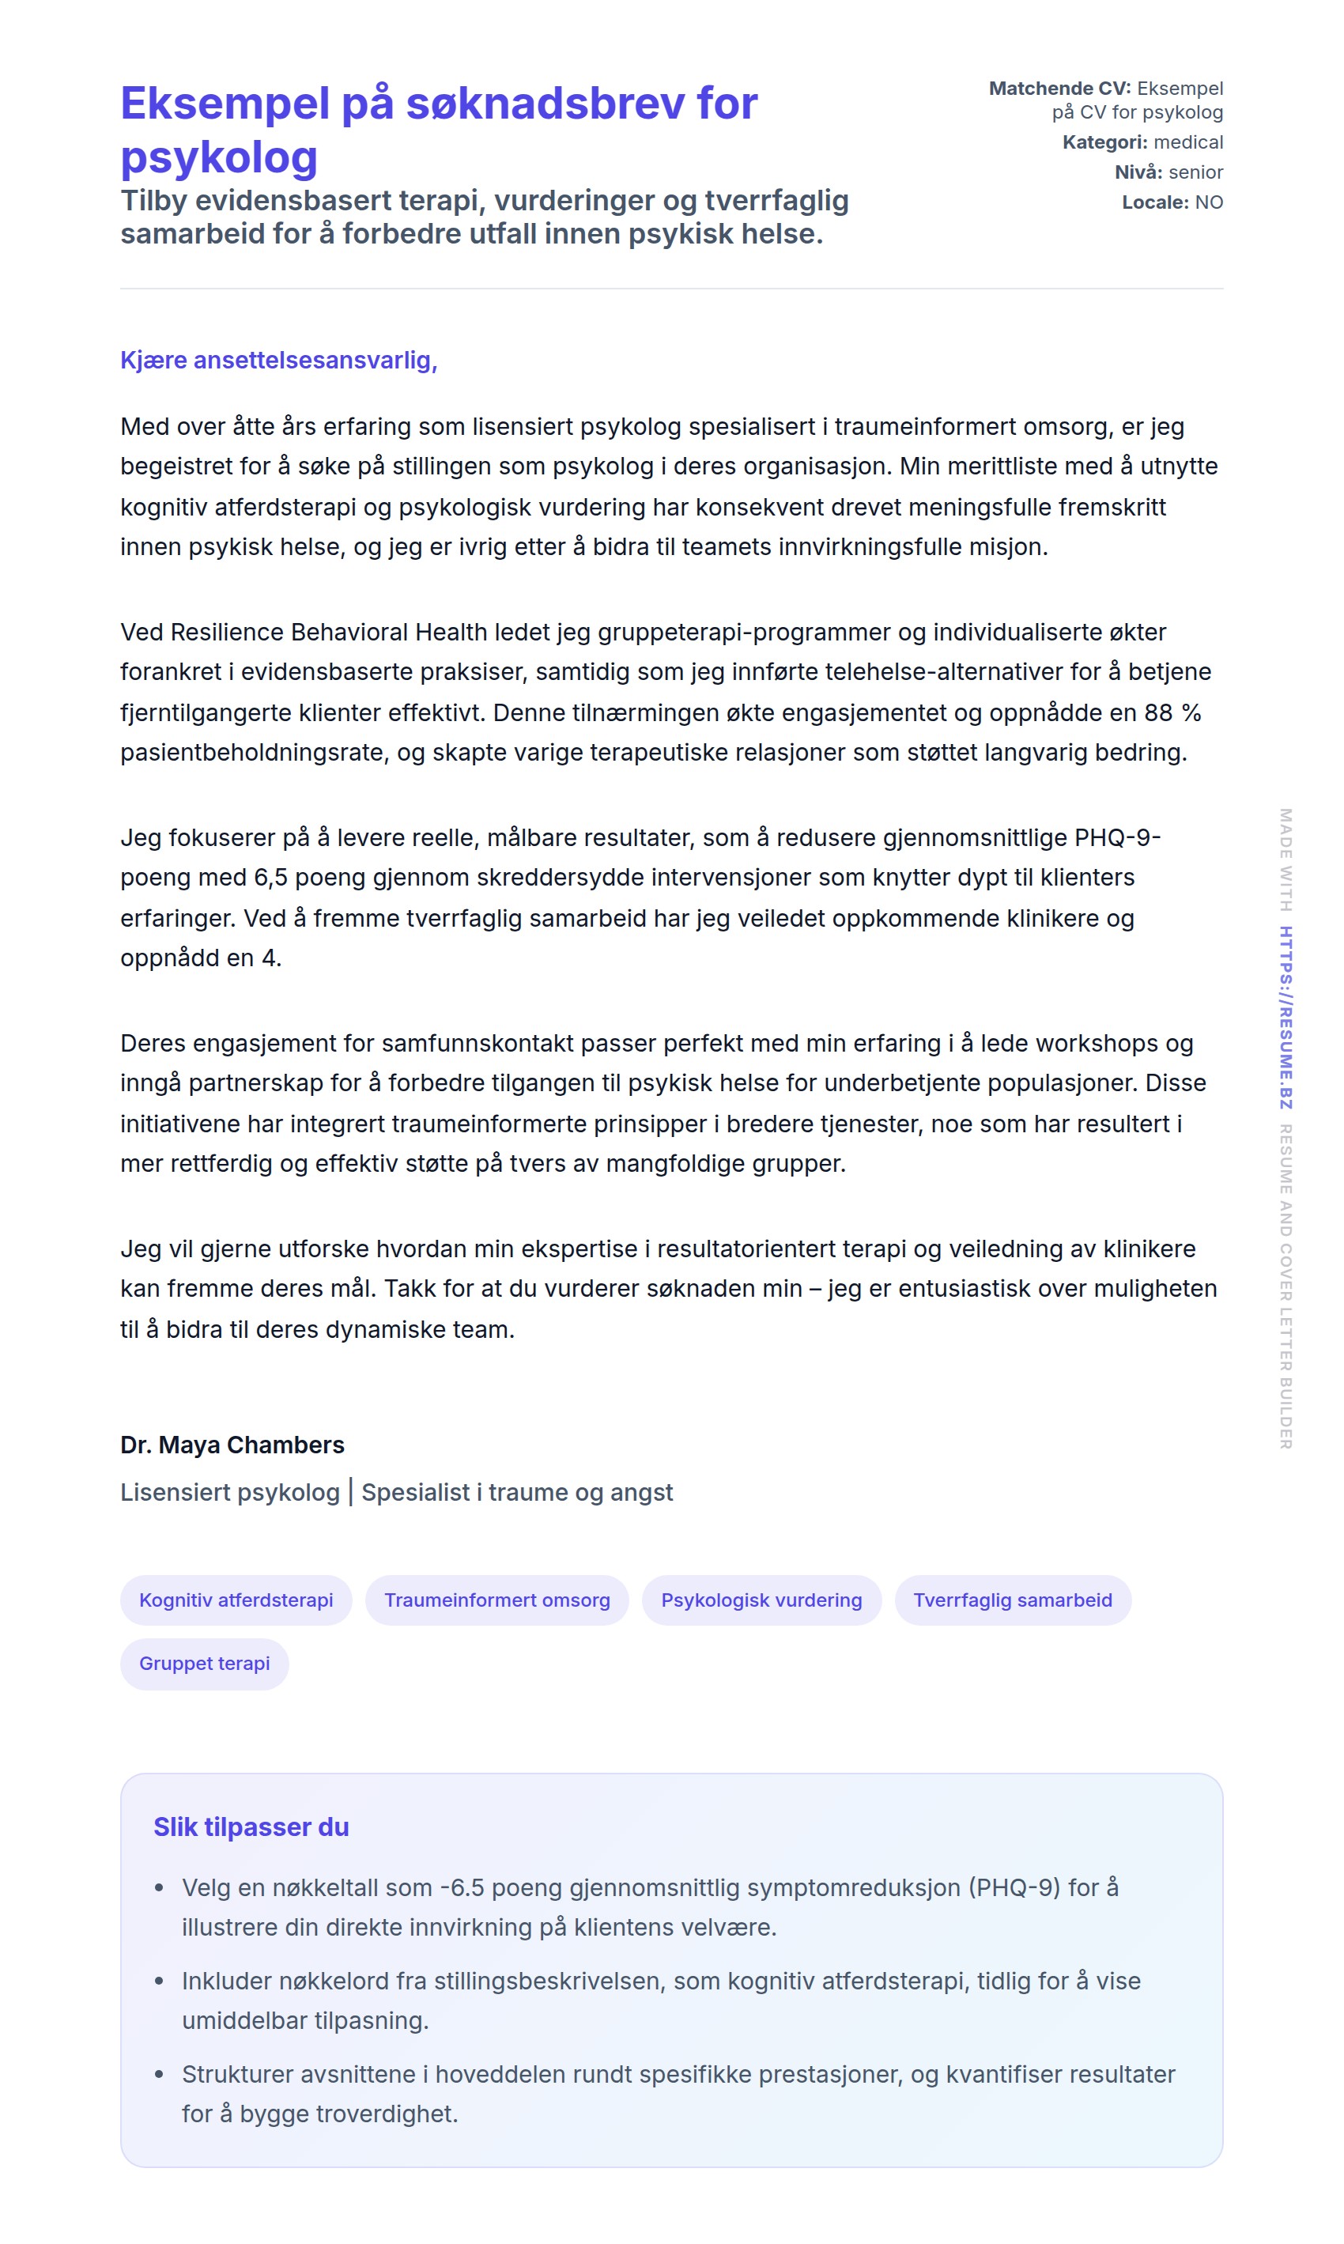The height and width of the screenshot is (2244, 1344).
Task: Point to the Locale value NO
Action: click(1209, 202)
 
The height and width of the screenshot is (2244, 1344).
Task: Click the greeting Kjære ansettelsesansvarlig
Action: click(279, 361)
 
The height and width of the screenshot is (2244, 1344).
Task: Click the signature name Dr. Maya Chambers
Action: click(232, 1445)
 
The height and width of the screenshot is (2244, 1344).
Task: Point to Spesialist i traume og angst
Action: click(517, 1492)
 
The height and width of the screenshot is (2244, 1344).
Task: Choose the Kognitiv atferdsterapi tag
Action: click(236, 1600)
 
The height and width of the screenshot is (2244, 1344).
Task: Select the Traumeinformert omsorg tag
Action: click(497, 1600)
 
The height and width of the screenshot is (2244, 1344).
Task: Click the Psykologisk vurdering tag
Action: click(761, 1600)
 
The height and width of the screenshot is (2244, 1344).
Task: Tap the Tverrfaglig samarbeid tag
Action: click(1013, 1600)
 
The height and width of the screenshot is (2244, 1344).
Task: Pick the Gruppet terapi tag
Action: click(205, 1664)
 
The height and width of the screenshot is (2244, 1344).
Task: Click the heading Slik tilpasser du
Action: click(251, 1827)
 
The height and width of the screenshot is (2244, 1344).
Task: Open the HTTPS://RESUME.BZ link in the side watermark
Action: click(1285, 1017)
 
